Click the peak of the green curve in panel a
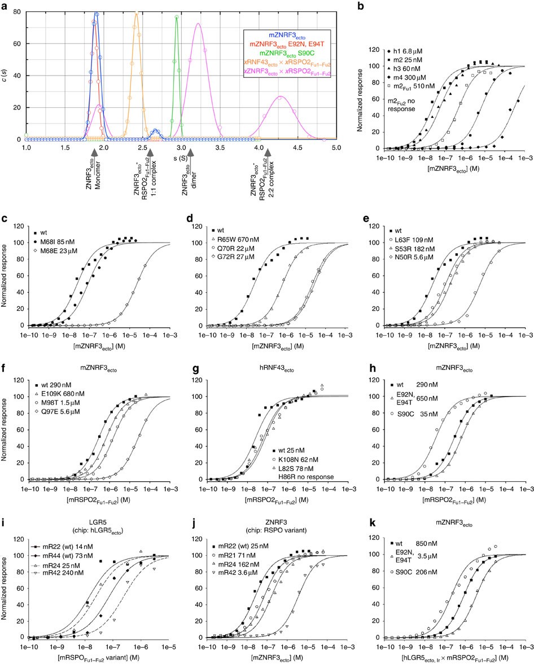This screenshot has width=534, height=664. [177, 17]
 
